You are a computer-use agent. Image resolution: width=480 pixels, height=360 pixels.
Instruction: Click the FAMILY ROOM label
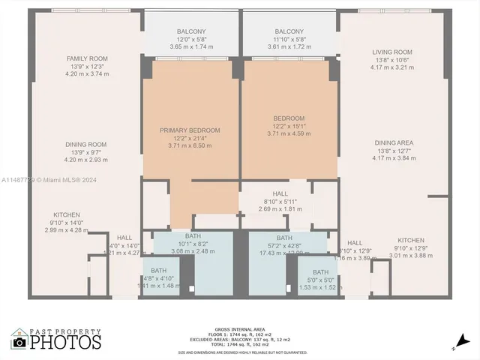[x=87, y=58]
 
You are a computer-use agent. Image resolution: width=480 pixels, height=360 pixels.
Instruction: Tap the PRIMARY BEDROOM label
[x=190, y=130]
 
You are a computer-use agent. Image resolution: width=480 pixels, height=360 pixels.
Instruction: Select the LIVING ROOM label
[x=392, y=52]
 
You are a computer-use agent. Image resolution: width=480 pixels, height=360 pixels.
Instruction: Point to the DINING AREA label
[x=394, y=142]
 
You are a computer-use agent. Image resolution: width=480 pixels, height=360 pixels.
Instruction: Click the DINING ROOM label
[x=87, y=144]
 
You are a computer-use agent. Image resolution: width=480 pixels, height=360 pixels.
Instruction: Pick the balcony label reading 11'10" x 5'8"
[x=289, y=31]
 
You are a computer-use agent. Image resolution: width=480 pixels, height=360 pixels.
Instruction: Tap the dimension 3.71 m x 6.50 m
[x=190, y=145]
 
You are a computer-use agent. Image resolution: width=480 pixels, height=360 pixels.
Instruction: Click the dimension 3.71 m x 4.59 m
[x=289, y=133]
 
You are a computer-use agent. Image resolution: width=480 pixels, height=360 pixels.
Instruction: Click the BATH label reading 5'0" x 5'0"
[x=320, y=272]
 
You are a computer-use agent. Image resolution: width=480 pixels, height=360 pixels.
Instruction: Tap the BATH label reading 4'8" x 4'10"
[x=158, y=271]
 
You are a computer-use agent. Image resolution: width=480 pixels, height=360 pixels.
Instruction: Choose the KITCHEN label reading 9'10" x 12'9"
[x=410, y=241]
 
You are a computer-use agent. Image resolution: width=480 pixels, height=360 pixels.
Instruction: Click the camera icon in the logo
[x=19, y=342]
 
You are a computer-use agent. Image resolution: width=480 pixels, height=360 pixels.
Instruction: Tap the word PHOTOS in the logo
[x=65, y=343]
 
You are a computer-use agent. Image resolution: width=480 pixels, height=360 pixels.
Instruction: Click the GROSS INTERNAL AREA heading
[x=241, y=329]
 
